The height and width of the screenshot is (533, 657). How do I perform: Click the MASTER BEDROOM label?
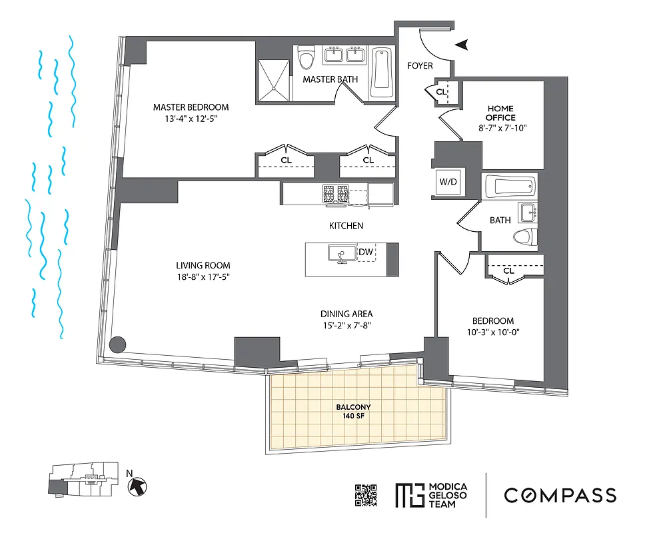(x=191, y=107)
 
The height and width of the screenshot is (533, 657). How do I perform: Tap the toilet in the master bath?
(x=307, y=59)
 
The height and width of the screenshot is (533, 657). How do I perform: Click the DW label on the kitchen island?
(x=365, y=252)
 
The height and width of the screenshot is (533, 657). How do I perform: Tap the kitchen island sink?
(x=340, y=253)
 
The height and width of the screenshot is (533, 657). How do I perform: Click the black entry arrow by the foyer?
(x=460, y=45)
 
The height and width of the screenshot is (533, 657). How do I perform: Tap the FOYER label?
(x=420, y=66)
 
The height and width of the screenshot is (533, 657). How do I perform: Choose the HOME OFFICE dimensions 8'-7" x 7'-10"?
(x=500, y=129)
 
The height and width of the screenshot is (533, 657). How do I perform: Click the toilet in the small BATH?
(x=526, y=237)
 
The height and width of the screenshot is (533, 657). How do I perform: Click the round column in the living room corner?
(x=117, y=344)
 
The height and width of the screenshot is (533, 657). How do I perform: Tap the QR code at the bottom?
(x=366, y=495)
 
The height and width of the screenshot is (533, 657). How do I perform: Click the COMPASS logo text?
(x=559, y=495)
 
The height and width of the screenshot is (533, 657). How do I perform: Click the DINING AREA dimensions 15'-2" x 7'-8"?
(x=346, y=326)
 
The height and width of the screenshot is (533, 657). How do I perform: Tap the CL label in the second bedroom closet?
(x=508, y=270)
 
